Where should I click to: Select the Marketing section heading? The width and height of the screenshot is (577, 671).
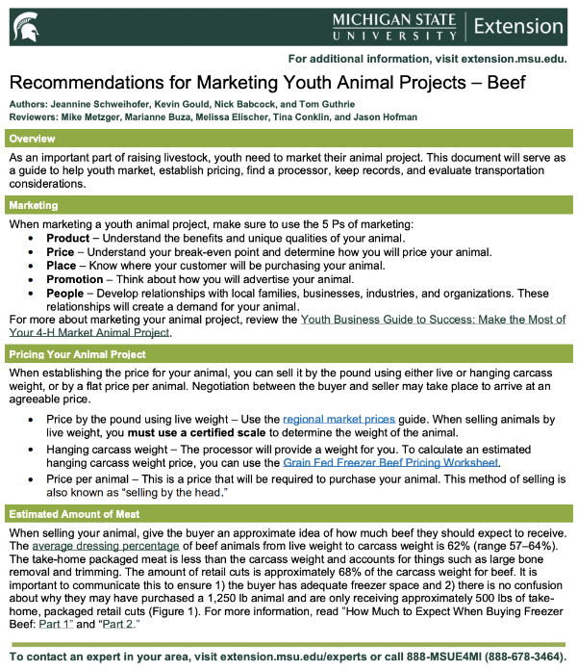[x=34, y=205]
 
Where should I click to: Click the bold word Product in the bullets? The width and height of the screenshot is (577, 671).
[x=68, y=238]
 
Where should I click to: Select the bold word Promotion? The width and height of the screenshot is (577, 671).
[x=76, y=279]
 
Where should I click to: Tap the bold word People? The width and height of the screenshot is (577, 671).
[x=65, y=293]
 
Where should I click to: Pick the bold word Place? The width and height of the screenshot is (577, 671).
[x=62, y=266]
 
